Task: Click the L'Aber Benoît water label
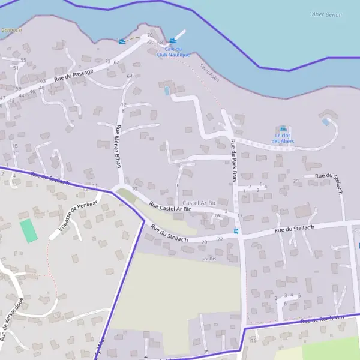[x=326, y=14]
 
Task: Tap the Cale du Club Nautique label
[x=173, y=52]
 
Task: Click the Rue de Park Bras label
[x=234, y=161]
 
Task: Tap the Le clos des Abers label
[x=283, y=139]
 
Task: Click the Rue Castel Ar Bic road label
[x=170, y=207]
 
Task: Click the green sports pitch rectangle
[x=28, y=231]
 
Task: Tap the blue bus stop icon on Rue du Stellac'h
[x=236, y=232]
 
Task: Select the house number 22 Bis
[x=209, y=259]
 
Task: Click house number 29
[x=295, y=181]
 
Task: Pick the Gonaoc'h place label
[x=11, y=29]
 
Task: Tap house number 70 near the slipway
[x=149, y=35]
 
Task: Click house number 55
[x=23, y=60]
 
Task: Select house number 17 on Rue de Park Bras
[x=239, y=215]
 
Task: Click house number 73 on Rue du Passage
[x=108, y=62]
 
